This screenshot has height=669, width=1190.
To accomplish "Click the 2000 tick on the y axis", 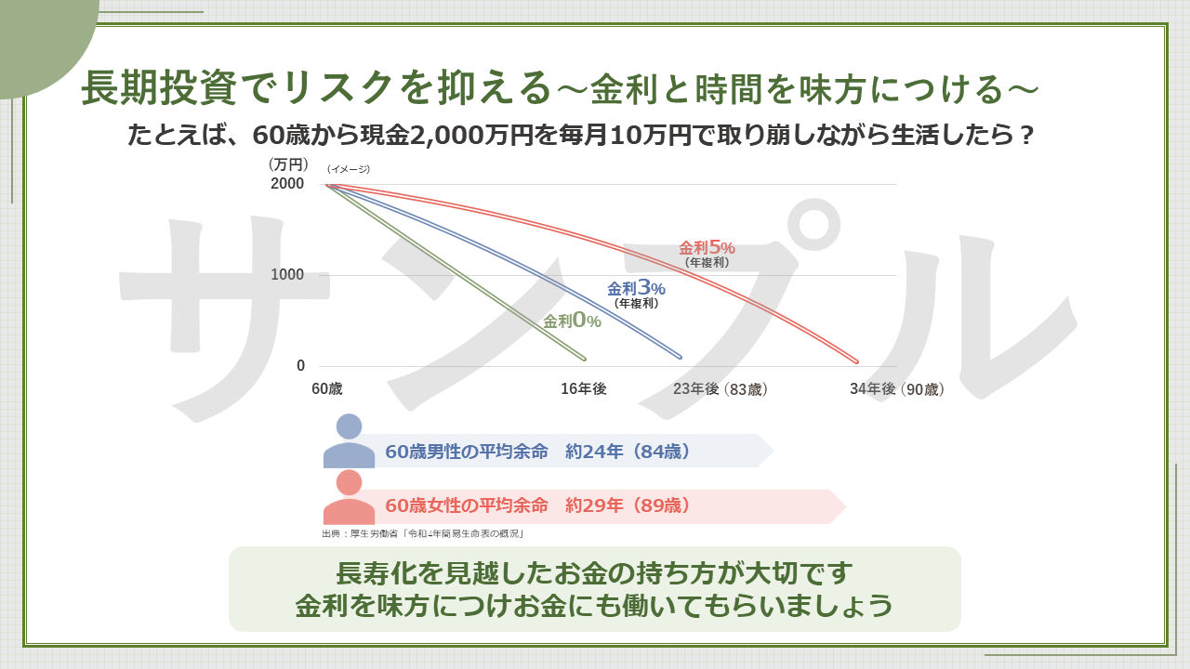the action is point(287,184).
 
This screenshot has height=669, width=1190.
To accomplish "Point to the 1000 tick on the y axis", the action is point(287,274).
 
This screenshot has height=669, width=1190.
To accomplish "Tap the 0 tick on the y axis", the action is point(300,365).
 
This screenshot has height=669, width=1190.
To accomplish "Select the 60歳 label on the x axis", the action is point(326,388).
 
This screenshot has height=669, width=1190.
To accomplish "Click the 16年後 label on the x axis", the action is point(583,388).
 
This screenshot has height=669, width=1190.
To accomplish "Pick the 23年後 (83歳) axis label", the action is point(721,389).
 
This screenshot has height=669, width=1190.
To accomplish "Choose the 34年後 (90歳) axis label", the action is point(897,389).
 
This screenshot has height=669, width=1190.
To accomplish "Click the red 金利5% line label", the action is point(707,247).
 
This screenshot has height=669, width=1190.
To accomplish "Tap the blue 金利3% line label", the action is point(636,288).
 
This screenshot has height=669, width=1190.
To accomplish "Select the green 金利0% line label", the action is point(572,321).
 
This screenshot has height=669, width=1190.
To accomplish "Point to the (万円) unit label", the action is point(288,164).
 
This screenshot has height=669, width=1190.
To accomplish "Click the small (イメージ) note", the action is point(349,169).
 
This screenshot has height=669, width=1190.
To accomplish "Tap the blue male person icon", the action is point(349,440).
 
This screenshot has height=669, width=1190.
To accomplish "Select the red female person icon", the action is point(349,496).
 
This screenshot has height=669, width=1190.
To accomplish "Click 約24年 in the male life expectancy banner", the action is point(594,452).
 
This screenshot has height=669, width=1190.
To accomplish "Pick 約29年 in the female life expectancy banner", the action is point(594,505).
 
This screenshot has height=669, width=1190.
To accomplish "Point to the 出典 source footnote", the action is point(423,533).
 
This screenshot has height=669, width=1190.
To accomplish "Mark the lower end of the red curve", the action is point(857,362).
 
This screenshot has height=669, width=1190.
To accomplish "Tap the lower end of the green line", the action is point(585,359).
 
